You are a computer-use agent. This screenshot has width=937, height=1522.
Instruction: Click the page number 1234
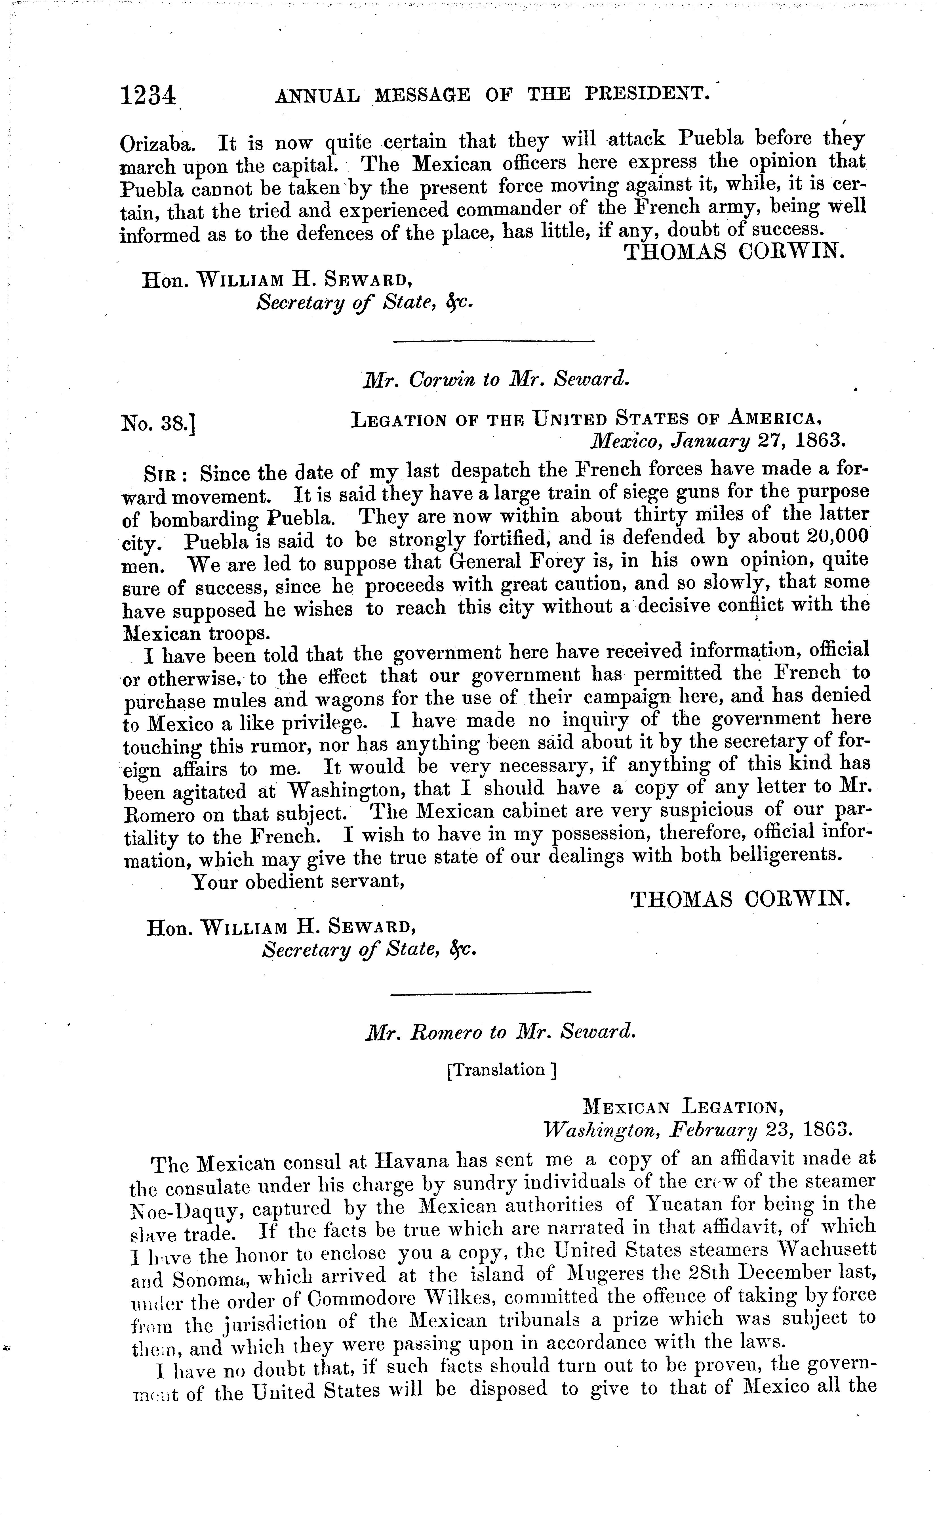[x=149, y=97]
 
